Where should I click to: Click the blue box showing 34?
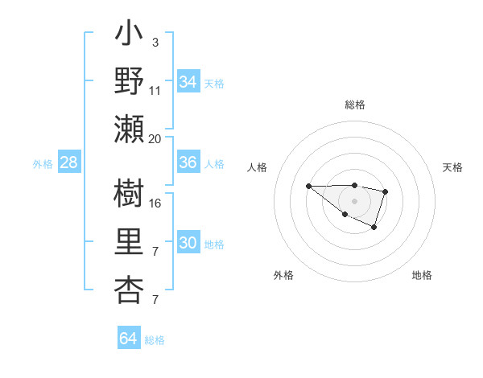click(188, 81)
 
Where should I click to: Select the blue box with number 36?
click(188, 162)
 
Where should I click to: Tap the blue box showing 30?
click(188, 243)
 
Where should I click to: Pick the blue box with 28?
click(68, 162)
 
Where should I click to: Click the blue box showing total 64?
click(128, 339)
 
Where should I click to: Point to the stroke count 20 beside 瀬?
click(155, 138)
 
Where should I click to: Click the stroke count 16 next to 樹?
click(155, 203)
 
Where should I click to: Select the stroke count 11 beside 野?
click(155, 90)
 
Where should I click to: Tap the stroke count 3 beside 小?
click(155, 41)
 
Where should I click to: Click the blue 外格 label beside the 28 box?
click(43, 163)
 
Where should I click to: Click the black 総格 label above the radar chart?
click(355, 105)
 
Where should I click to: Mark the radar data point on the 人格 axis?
click(309, 186)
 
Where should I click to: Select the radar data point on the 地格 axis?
click(374, 228)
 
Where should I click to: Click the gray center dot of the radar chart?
click(355, 200)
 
